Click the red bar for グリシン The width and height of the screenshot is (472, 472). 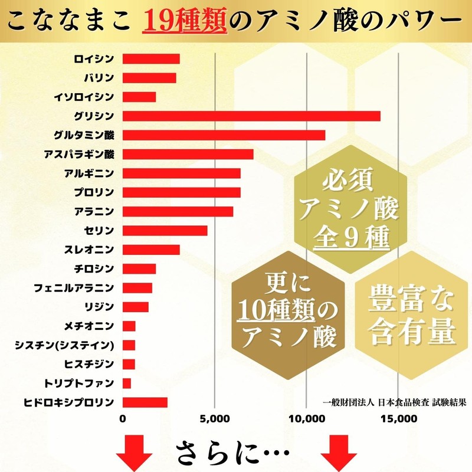[x=251, y=116]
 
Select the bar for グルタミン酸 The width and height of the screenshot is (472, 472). [x=224, y=135]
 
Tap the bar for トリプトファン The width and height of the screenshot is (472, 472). [x=127, y=383]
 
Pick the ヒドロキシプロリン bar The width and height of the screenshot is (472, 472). [x=145, y=402]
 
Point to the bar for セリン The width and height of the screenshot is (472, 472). [x=165, y=230]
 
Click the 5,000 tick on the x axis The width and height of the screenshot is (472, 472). [x=214, y=419]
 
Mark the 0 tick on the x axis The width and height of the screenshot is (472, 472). [x=123, y=419]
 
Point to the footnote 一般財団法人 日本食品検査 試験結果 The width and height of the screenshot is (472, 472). [x=395, y=403]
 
